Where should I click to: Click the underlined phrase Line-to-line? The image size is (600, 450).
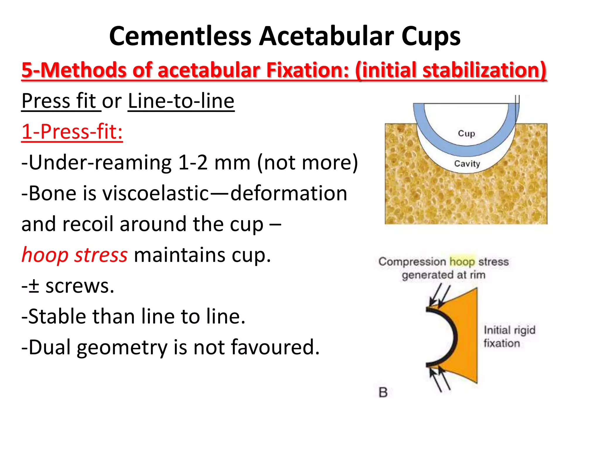181,101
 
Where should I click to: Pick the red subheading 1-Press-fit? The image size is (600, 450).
72,132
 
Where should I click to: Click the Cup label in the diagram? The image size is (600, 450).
466,134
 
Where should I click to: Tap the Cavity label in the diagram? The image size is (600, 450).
467,163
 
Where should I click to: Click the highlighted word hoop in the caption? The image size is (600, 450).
462,261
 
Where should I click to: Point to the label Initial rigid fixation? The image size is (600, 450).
509,336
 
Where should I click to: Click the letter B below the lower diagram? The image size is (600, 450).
383,392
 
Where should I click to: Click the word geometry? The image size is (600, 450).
122,347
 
